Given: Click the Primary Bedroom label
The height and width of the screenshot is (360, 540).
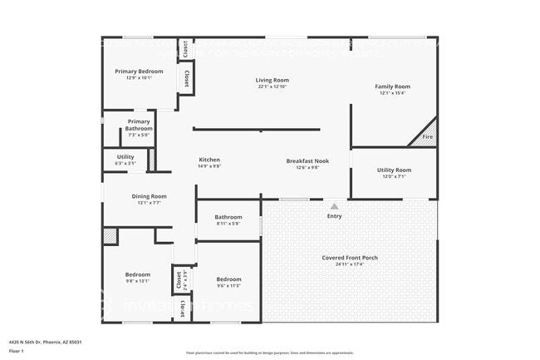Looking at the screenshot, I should (139, 72).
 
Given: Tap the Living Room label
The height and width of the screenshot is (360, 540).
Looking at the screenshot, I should (272, 81).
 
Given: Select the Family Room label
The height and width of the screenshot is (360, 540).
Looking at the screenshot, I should (392, 86).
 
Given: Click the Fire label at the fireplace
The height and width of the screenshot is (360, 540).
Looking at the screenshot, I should (428, 136).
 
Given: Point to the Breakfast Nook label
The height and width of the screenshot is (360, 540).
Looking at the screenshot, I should (307, 160).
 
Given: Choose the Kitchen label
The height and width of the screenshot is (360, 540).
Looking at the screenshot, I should (209, 160).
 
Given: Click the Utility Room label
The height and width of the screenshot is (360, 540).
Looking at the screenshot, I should (394, 170).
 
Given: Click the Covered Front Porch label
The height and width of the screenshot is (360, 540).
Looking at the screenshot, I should (350, 258).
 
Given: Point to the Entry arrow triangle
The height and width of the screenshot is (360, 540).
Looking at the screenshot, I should (334, 206).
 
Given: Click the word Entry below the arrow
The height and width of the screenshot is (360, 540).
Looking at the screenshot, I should (334, 216).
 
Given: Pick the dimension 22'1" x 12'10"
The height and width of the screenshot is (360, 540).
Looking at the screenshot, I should (272, 87).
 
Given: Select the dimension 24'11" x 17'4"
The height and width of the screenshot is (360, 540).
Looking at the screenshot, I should (350, 264).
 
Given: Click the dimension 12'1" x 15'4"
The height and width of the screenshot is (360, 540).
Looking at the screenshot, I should (392, 93).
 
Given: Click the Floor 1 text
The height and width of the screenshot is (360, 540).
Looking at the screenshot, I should (17, 352).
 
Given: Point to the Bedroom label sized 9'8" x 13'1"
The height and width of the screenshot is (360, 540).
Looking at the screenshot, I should (138, 274).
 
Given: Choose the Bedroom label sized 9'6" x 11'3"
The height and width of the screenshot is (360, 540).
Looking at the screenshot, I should (228, 279).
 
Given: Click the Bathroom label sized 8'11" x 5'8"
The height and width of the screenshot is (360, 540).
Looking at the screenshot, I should (228, 217).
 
